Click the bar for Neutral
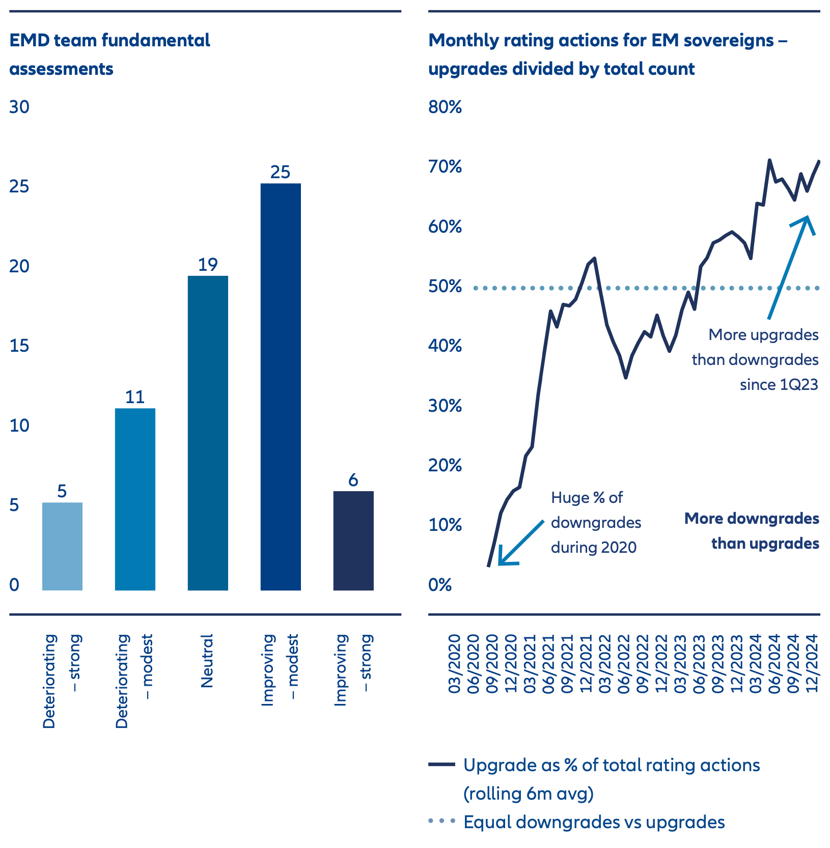(208, 433)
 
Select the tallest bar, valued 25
(281, 387)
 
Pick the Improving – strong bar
(353, 541)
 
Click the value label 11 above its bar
(135, 397)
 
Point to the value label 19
(208, 265)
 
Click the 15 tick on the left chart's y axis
(20, 346)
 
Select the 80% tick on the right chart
(445, 107)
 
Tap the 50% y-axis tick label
(445, 287)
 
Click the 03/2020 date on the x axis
(454, 663)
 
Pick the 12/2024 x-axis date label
(812, 663)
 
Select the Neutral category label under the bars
(207, 661)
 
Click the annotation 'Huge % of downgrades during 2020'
(596, 522)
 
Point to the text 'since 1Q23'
(779, 384)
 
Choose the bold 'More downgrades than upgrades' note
(752, 531)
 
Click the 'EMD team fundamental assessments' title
(110, 54)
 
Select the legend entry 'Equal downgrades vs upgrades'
(594, 822)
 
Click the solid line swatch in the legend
(441, 765)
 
